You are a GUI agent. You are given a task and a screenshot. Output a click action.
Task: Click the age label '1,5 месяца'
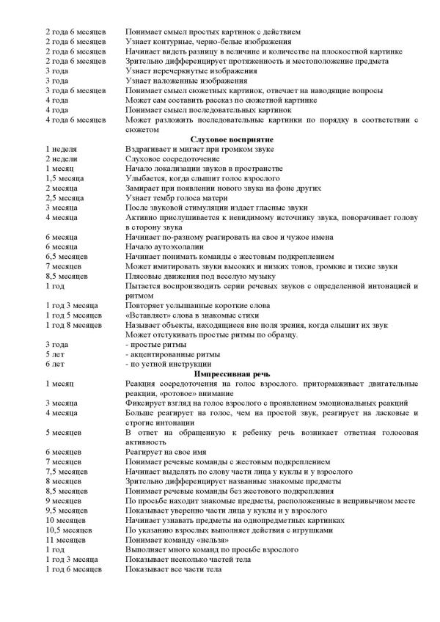(x=64, y=178)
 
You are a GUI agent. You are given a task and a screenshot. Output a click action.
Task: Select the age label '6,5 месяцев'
(x=67, y=257)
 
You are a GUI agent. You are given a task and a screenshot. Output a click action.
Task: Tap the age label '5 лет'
(x=56, y=354)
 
